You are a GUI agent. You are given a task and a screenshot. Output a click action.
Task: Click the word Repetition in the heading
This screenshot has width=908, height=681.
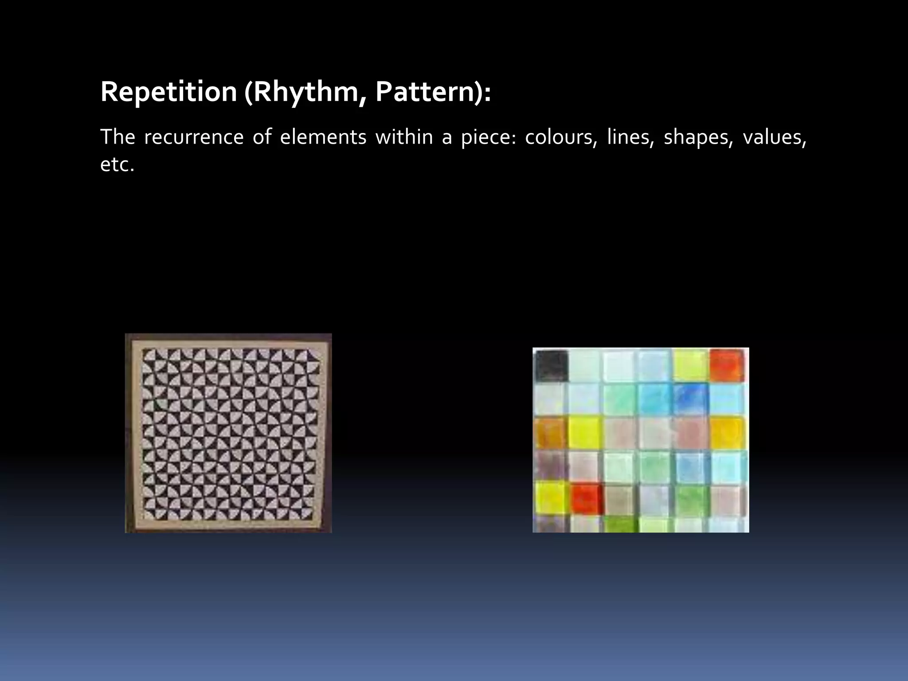[168, 92]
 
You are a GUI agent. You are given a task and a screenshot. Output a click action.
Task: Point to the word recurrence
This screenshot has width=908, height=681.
[193, 137]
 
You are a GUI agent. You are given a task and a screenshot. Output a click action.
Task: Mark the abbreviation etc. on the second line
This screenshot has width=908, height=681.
[117, 165]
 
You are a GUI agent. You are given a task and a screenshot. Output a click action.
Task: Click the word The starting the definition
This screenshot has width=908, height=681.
[117, 137]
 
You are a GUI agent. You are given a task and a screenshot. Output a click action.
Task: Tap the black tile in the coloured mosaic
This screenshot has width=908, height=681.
[551, 365]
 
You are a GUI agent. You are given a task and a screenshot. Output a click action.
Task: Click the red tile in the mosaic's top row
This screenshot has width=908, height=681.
[727, 365]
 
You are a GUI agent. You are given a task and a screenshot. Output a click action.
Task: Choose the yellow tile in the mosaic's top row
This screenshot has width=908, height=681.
[690, 365]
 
